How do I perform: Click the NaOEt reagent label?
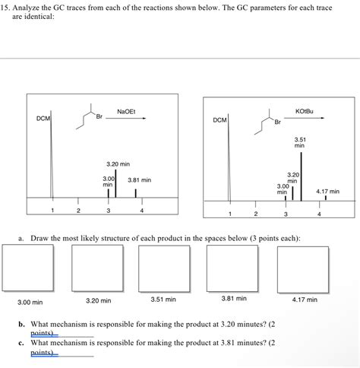[126, 112]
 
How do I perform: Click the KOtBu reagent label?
[304, 111]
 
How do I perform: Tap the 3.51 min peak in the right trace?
[301, 176]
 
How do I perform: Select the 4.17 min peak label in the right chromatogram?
[327, 192]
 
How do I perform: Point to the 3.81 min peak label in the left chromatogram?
[139, 180]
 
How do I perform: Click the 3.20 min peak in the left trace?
[115, 183]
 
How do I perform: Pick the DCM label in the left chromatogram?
[43, 119]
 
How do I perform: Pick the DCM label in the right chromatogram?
[219, 120]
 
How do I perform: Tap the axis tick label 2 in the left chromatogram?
[78, 211]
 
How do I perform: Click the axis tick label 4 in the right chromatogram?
[319, 214]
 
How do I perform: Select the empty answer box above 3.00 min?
[28, 268]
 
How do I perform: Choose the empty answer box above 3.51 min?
[164, 269]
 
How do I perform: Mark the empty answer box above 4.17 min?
[303, 270]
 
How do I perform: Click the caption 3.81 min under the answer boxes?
[234, 298]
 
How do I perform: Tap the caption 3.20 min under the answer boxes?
[98, 300]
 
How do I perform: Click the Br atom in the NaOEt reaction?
[99, 116]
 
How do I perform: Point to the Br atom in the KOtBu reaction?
[278, 122]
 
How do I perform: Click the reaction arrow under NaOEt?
[125, 118]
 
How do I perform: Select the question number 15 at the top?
[5, 8]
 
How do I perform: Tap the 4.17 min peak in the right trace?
[326, 198]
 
